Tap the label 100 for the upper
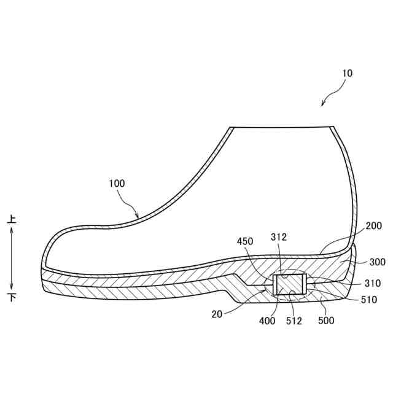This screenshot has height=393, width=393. click(117, 184)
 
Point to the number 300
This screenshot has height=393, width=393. click(378, 262)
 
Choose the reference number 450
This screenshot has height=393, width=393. click(245, 241)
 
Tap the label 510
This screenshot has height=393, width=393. click(369, 300)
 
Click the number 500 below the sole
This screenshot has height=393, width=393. click(326, 320)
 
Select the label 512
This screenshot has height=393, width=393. click(294, 320)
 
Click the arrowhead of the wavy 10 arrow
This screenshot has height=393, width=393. click(323, 104)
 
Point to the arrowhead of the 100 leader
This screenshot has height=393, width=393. click(139, 217)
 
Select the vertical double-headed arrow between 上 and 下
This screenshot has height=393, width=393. click(12, 258)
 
